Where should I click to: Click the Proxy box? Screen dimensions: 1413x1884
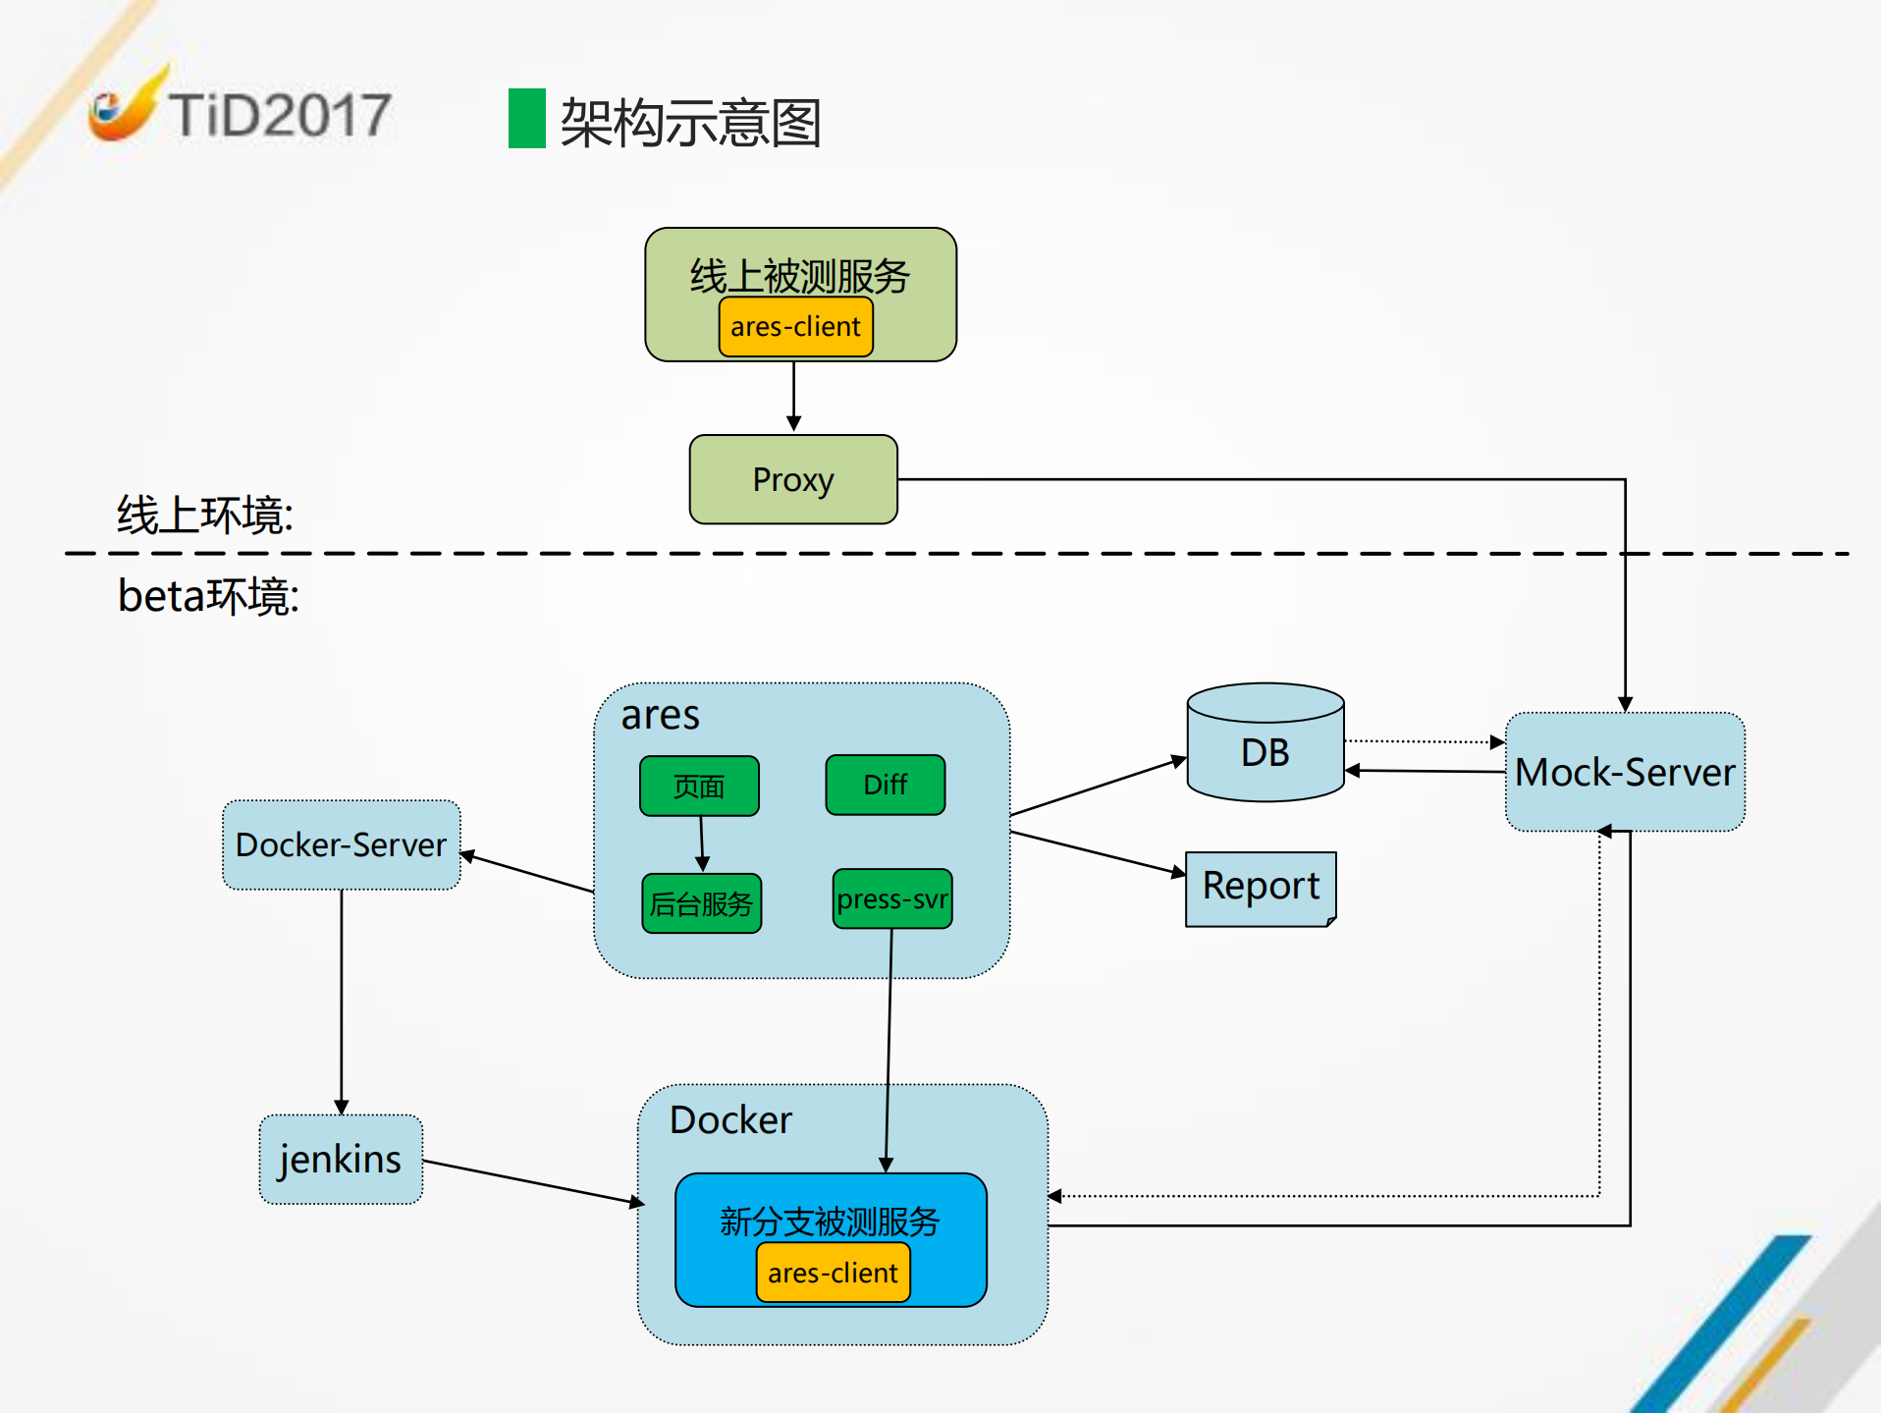(793, 479)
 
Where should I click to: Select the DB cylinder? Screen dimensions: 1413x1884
(1265, 751)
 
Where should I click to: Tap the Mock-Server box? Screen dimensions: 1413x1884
(1625, 772)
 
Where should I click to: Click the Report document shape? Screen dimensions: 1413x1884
(1261, 888)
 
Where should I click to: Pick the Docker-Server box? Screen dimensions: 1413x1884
(341, 844)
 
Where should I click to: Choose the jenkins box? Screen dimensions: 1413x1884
(340, 1159)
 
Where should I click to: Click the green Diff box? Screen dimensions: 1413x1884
(885, 785)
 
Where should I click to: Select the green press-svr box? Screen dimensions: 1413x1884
(891, 898)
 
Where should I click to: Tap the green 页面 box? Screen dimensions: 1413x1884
(698, 786)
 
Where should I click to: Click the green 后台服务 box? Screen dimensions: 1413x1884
(701, 903)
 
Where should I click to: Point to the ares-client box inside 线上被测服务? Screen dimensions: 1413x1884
(795, 327)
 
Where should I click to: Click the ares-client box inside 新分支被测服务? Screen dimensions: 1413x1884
(833, 1273)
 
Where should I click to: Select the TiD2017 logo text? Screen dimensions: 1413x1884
(280, 115)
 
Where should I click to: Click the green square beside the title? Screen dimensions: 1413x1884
(526, 119)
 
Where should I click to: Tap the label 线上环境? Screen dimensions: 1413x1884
(204, 515)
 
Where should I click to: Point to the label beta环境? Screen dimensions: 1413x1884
(208, 596)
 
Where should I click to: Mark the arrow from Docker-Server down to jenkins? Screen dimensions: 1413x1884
(341, 1002)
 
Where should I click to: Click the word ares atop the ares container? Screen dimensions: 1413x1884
(660, 715)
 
